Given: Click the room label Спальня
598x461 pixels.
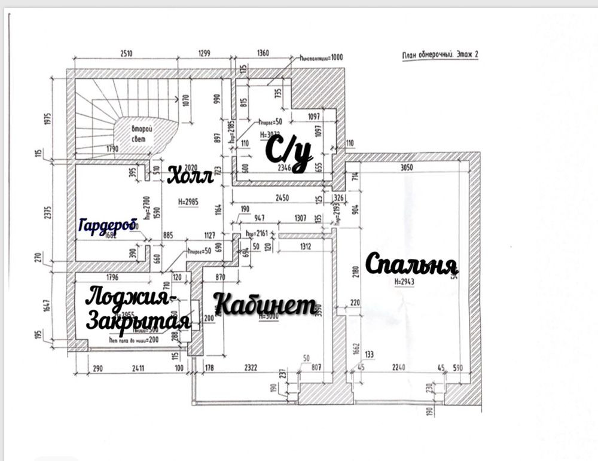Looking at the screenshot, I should coord(411,264).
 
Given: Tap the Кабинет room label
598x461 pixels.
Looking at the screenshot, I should coord(264,305).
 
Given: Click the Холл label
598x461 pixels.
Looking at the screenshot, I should coord(190,176).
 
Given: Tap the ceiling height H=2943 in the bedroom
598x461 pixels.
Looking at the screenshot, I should coord(406,281).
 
